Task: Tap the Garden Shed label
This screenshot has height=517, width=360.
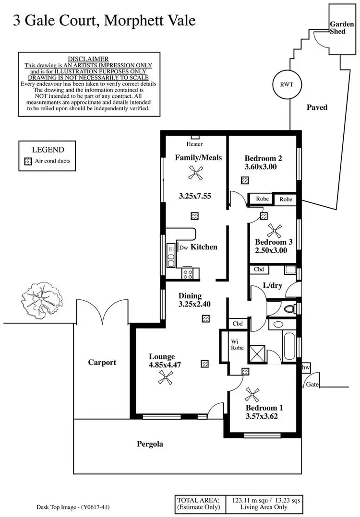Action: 342,27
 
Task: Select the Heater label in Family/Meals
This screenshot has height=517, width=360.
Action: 195,144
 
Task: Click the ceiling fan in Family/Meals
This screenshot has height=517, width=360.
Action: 194,174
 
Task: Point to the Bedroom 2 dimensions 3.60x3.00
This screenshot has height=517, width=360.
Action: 261,167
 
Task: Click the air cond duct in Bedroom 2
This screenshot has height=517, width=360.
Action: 245,180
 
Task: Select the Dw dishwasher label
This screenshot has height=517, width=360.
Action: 183,248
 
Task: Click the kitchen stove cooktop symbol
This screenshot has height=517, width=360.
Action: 187,274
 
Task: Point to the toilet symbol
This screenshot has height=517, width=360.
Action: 289,308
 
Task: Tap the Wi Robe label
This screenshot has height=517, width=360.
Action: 235,345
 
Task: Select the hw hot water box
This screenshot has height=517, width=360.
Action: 306,367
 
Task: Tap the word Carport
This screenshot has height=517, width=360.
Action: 102,363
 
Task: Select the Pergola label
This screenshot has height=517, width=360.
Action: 149,444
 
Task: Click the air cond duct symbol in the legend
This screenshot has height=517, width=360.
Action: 28,161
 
